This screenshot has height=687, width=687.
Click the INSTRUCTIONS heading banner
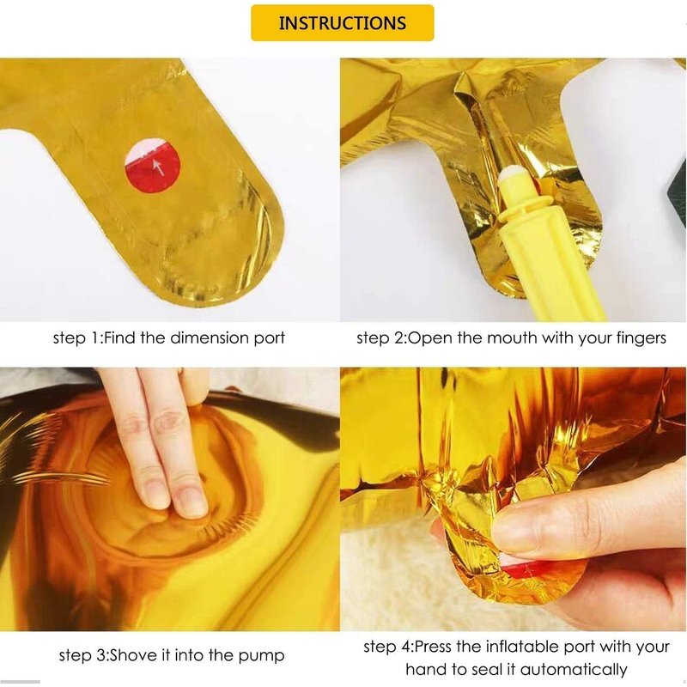coord(342,23)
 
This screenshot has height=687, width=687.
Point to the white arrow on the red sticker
coord(159,167)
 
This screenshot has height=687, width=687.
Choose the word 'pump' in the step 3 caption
coord(261,656)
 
